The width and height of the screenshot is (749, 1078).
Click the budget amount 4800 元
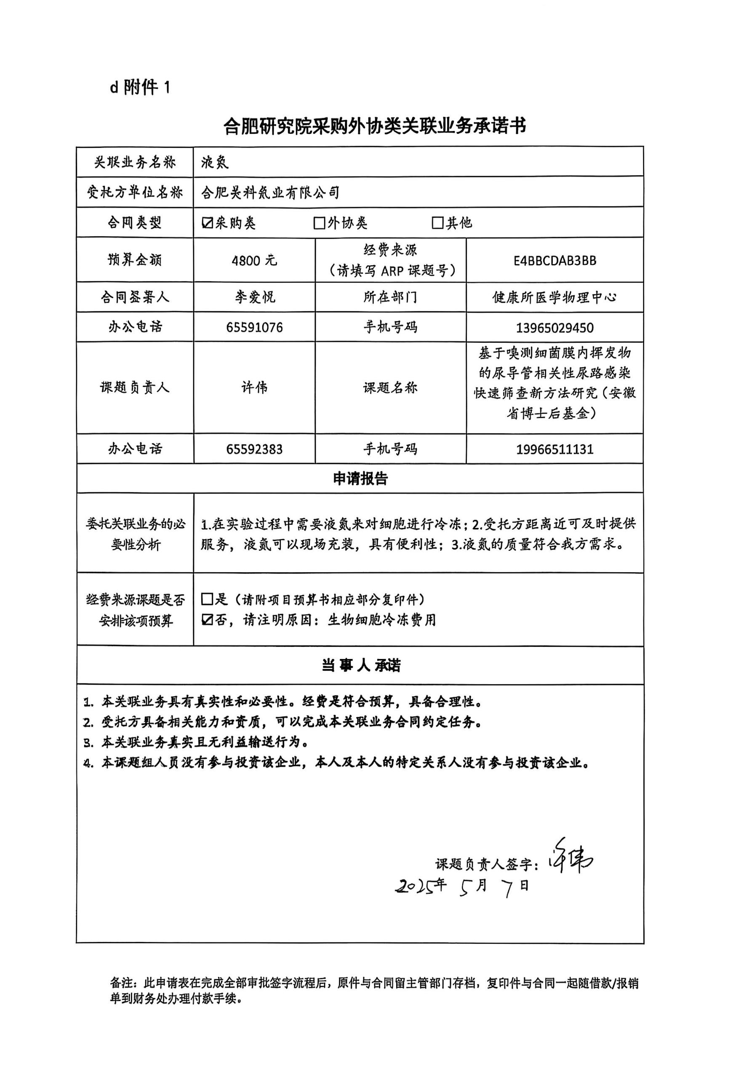pos(254,261)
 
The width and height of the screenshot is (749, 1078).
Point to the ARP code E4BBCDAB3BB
pos(555,261)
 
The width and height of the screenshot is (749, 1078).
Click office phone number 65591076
pos(254,327)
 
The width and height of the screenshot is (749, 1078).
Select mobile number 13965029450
pos(555,328)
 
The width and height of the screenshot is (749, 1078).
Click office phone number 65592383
pos(254,449)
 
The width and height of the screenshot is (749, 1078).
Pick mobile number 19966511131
pos(555,450)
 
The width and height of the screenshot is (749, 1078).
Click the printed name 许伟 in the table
pos(254,388)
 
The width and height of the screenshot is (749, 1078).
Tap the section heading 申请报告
pos(360,479)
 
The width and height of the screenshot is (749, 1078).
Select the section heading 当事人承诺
pos(360,665)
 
